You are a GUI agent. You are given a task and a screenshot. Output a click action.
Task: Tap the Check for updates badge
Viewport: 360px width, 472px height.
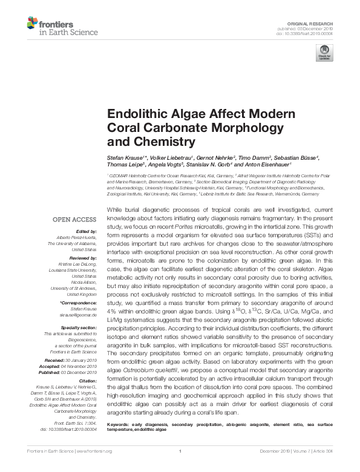coord(324,52)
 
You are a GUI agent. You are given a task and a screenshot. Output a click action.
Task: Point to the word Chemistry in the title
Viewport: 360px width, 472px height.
coord(166,143)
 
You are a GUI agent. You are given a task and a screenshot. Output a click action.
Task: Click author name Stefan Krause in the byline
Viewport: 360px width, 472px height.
coord(124,156)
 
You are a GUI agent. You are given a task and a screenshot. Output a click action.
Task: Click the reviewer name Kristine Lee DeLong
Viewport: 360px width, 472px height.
coord(79,264)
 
